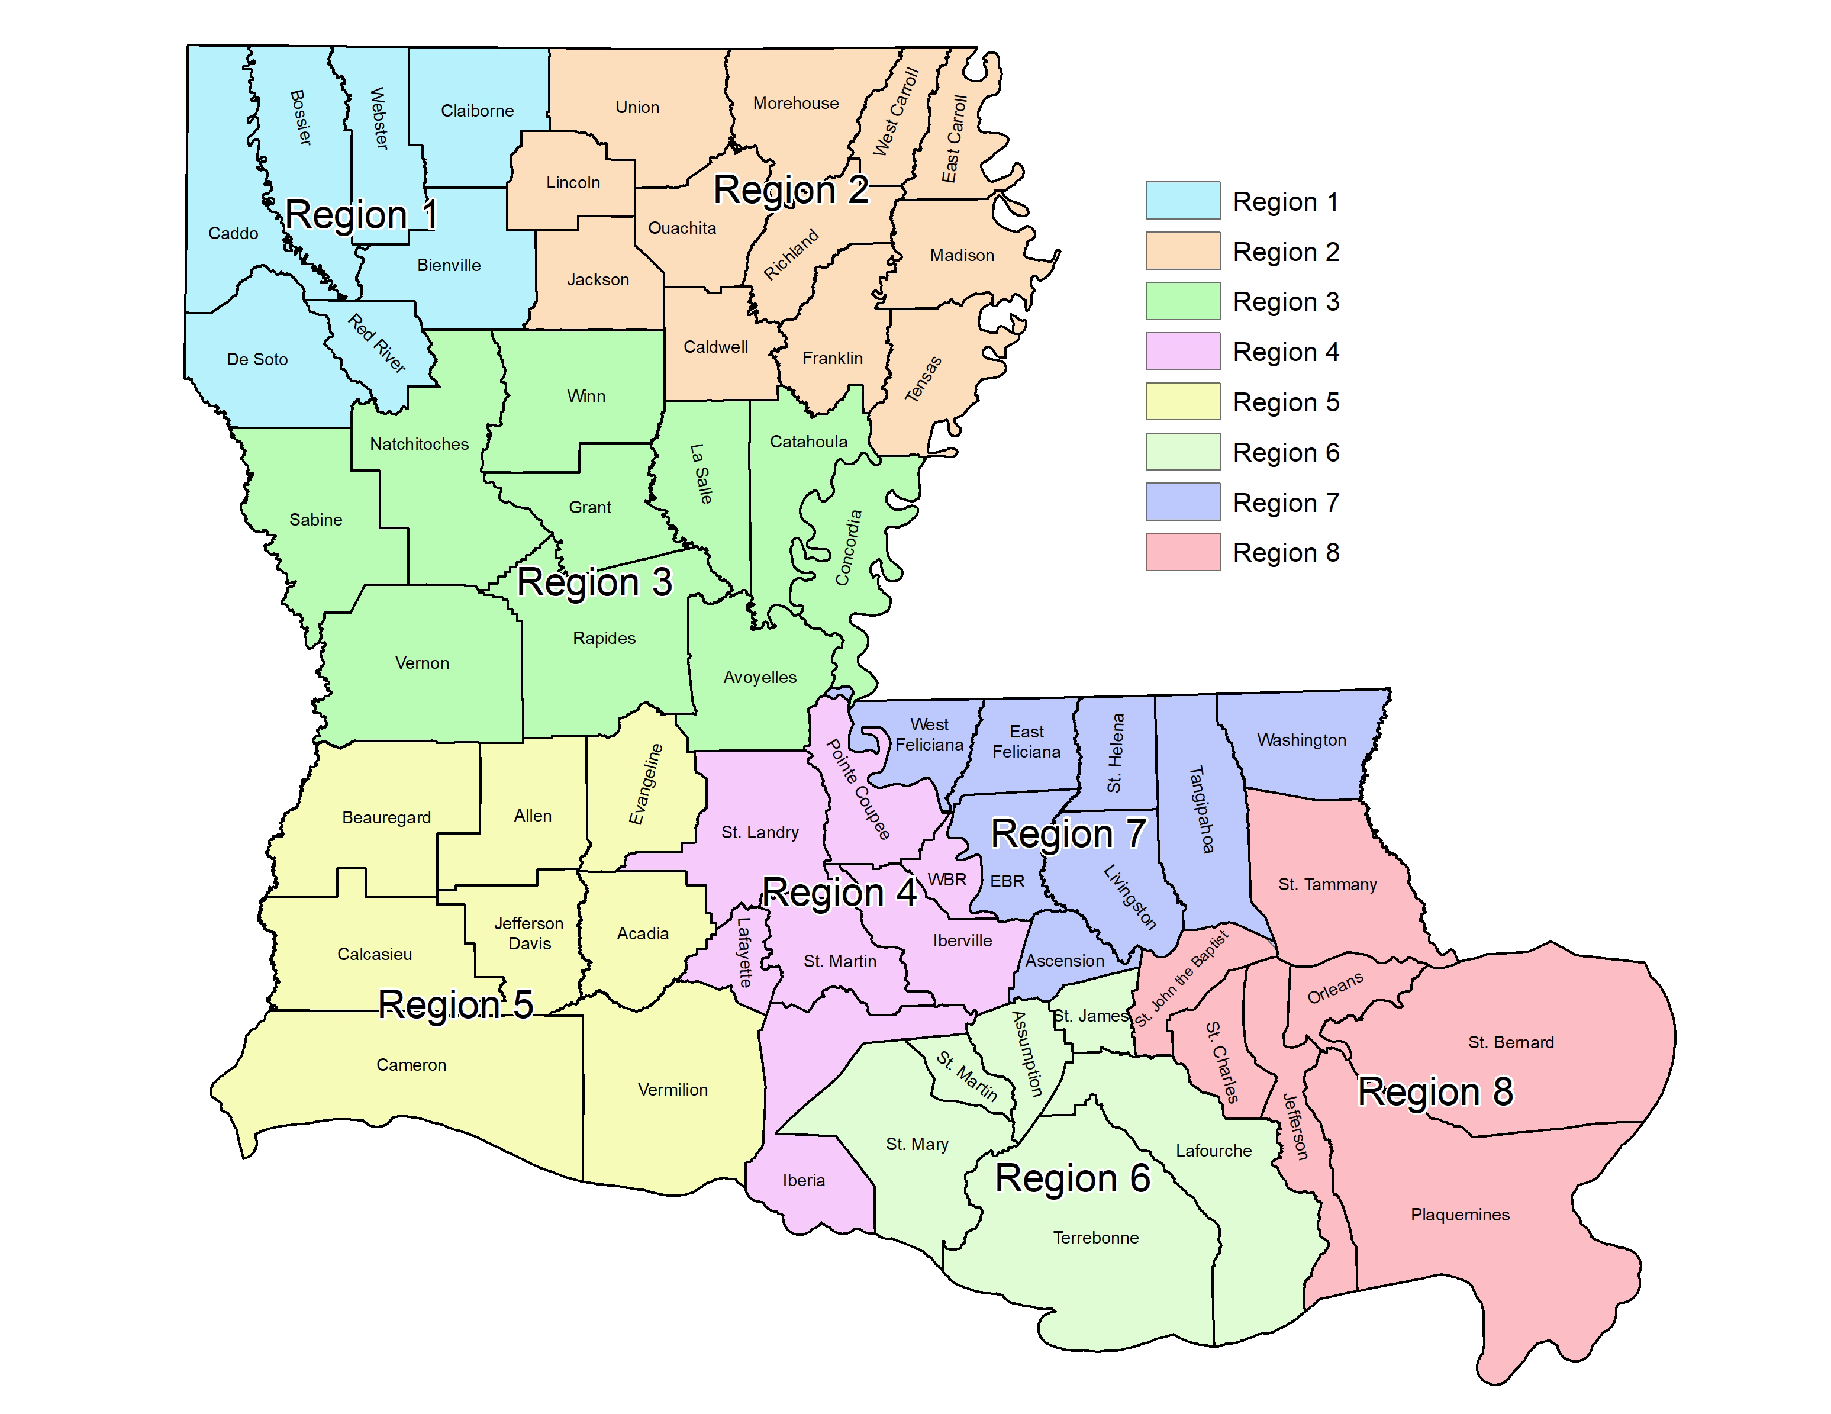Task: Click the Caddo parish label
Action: point(233,233)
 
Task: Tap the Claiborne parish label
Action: point(477,111)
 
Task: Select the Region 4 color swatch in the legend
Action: point(1182,352)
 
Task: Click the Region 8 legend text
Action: point(1285,553)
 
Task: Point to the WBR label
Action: point(946,880)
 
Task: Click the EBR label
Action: point(1007,881)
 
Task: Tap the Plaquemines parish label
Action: point(1459,1215)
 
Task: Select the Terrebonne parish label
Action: point(1096,1238)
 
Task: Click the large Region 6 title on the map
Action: point(1072,1178)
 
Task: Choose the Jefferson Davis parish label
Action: point(529,933)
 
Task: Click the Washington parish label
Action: point(1301,740)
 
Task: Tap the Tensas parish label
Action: point(923,379)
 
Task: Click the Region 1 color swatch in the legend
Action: point(1182,201)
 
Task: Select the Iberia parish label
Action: point(803,1181)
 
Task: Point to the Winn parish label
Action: point(586,396)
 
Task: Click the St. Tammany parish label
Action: point(1327,884)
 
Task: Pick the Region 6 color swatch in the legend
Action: point(1182,452)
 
